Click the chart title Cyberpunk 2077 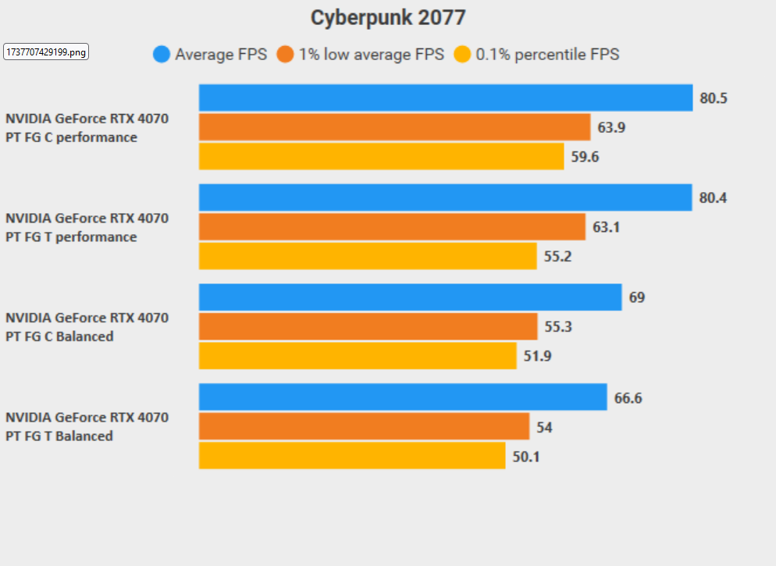point(388,17)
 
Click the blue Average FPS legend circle point(162,55)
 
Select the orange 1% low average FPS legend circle point(285,55)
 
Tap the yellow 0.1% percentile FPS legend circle point(462,55)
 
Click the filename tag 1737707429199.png point(47,52)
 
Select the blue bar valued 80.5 point(446,98)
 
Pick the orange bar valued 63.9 point(394,127)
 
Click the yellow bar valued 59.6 point(381,156)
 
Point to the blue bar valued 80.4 point(445,198)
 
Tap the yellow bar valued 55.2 point(368,256)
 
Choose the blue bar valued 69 point(410,297)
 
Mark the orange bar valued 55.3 point(368,327)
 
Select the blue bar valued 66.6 point(403,397)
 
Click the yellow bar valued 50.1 point(352,456)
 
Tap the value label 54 point(543,427)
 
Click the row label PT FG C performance point(71,137)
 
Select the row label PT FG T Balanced point(59,436)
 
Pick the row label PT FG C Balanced point(59,336)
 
